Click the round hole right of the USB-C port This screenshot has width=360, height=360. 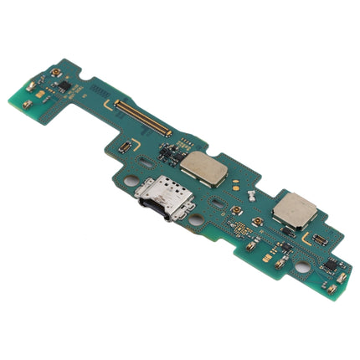click(x=195, y=219)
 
